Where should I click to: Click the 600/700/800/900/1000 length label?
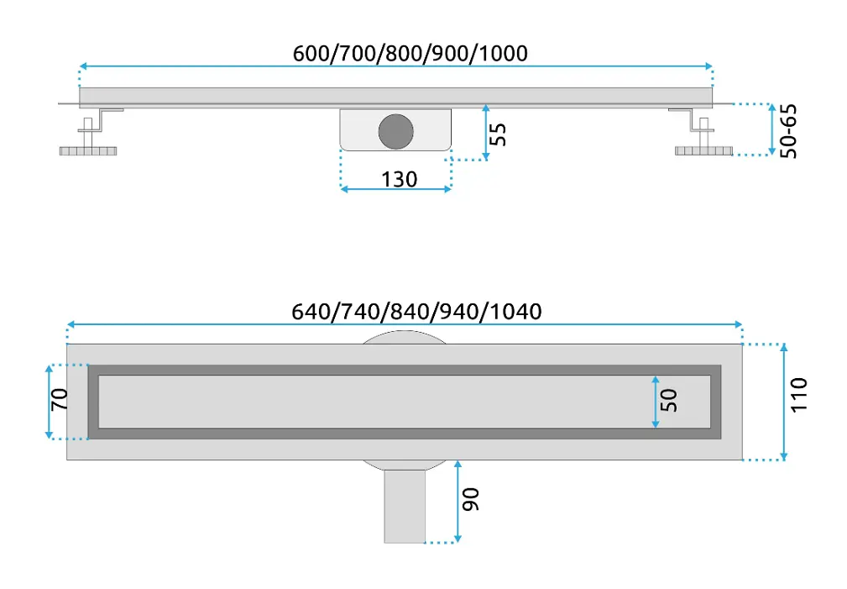click(410, 54)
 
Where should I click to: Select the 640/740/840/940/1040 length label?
click(416, 312)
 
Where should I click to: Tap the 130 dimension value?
click(400, 179)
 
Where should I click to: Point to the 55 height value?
click(498, 134)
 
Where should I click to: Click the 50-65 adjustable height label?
click(788, 131)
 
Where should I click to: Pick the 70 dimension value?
click(60, 400)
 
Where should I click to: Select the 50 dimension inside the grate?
click(669, 400)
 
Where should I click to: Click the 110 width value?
click(798, 395)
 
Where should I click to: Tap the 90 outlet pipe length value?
click(470, 499)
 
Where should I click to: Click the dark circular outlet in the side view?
click(396, 131)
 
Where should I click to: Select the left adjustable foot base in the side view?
click(88, 151)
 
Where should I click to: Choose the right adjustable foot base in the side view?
click(703, 151)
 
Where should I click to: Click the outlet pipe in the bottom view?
click(405, 507)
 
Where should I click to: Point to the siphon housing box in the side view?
click(395, 129)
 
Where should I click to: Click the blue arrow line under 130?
click(396, 189)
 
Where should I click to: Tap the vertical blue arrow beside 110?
click(784, 402)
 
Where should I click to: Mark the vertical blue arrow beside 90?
click(457, 502)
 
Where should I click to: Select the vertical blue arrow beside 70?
click(50, 402)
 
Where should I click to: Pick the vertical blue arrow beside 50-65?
click(772, 129)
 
